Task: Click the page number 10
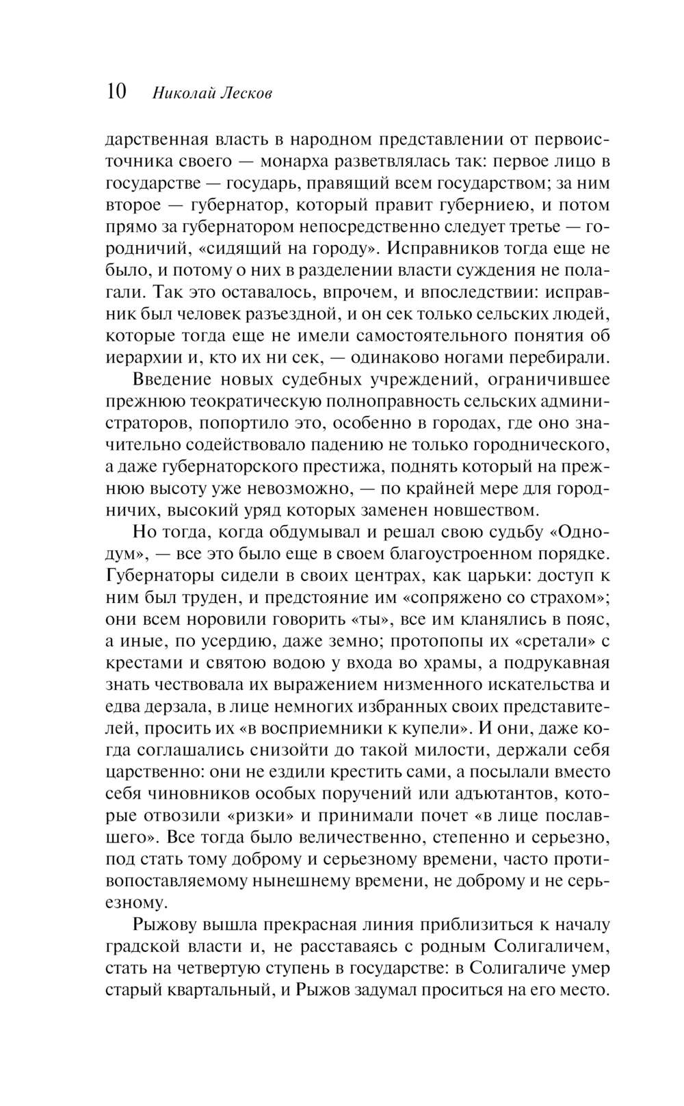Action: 116,92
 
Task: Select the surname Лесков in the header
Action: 246,93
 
